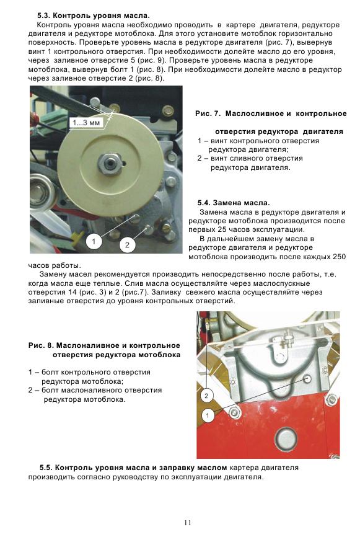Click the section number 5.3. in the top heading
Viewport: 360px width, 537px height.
coord(44,16)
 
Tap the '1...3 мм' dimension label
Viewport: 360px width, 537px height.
coord(86,122)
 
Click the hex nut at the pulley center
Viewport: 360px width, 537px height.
coord(109,162)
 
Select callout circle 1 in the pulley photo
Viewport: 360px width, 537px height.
coord(94,242)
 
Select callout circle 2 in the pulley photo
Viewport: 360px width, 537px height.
coord(127,244)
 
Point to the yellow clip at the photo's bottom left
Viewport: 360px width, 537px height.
coord(77,234)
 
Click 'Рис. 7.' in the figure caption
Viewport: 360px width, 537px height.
coord(208,113)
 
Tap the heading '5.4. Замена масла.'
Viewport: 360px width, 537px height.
coord(234,203)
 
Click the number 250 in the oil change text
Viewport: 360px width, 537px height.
coord(339,257)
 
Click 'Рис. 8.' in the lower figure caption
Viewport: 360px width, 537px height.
coord(41,345)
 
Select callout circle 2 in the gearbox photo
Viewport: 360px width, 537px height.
coord(206,396)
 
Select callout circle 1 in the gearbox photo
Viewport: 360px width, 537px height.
coord(207,415)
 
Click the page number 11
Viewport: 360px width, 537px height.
coord(188,523)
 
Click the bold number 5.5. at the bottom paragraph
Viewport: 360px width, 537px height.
coord(46,468)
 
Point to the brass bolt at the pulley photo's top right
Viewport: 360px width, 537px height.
coord(168,110)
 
